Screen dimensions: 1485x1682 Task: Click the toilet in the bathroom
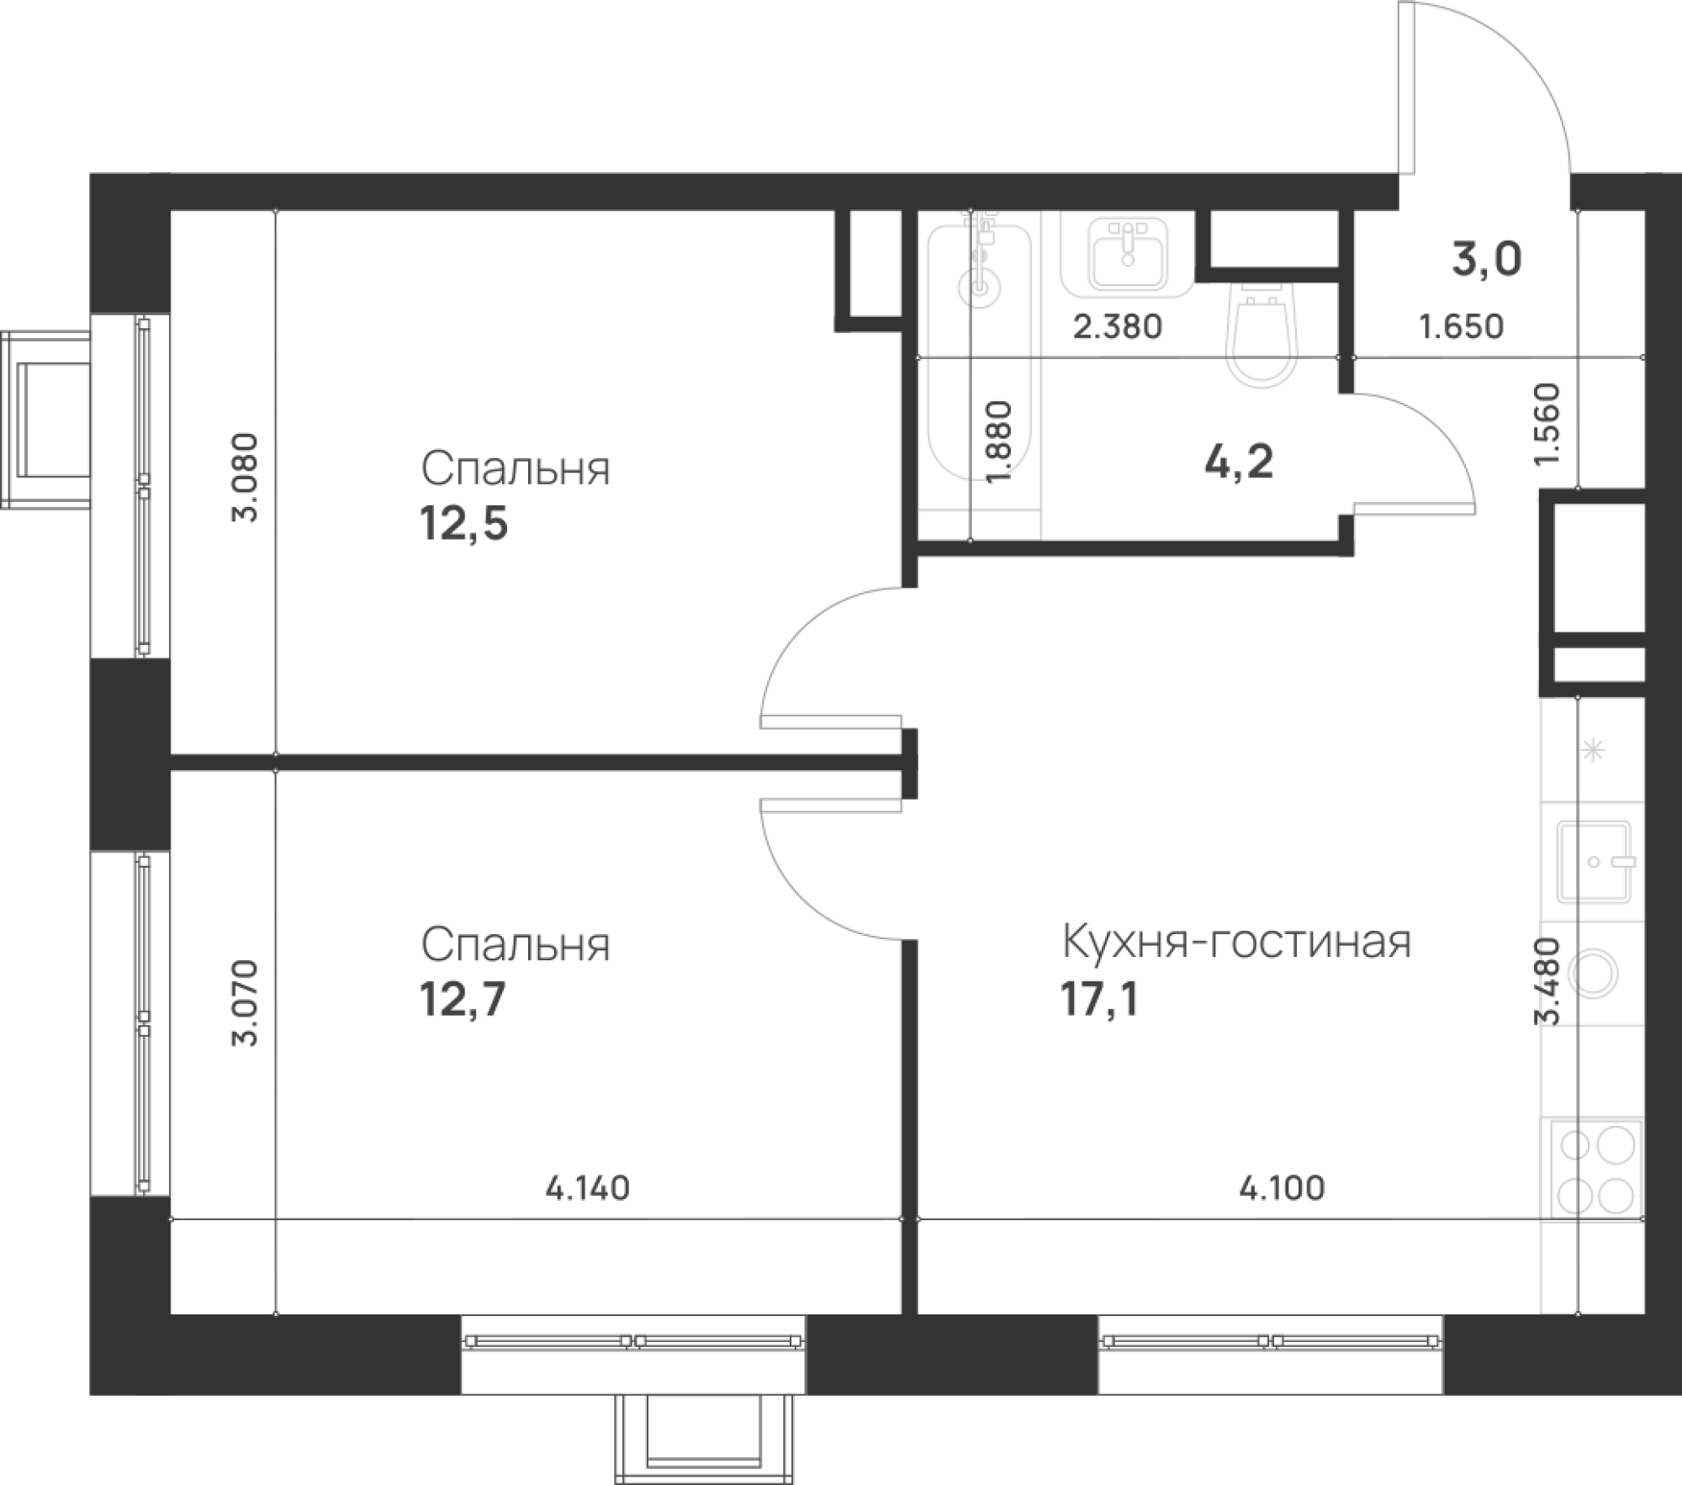point(1262,333)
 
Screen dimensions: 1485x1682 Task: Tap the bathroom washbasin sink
point(1126,253)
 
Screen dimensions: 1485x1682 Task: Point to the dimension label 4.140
point(587,1188)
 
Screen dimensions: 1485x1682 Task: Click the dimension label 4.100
point(1283,1187)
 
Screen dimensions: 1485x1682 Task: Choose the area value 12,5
point(464,526)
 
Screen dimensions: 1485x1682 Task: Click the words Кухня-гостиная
point(1236,943)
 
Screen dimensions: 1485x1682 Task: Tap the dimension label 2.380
point(1118,326)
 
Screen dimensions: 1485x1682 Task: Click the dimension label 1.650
point(1462,326)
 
